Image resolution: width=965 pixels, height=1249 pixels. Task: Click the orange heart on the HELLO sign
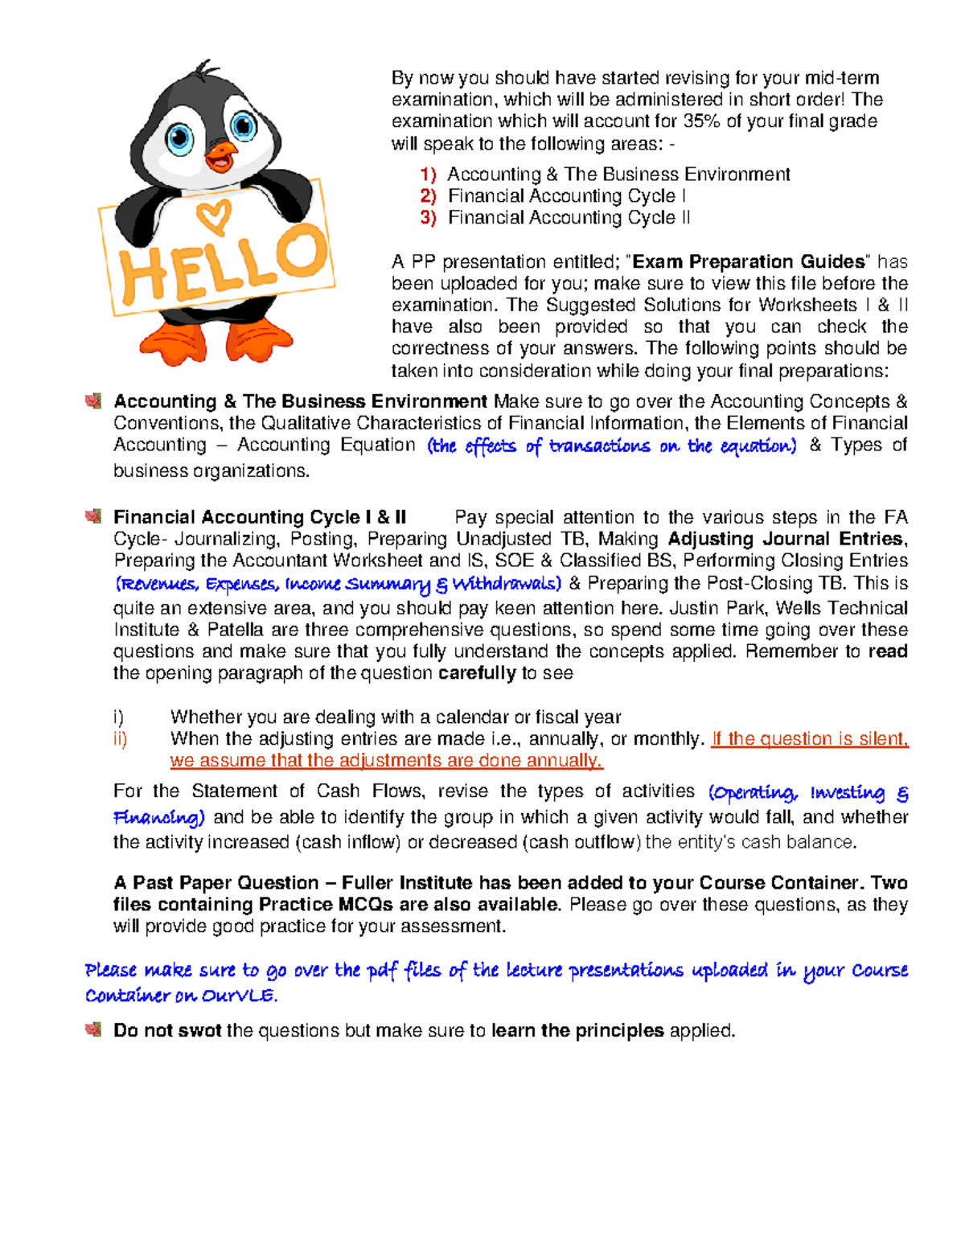coord(214,215)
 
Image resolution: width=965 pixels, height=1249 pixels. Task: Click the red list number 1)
coord(428,175)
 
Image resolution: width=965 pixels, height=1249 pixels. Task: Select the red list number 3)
coord(428,218)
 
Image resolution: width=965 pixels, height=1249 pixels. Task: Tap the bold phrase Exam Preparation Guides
coord(749,262)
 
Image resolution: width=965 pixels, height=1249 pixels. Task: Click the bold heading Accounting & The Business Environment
coord(300,401)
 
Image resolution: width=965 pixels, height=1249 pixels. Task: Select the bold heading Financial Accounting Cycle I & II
coord(260,517)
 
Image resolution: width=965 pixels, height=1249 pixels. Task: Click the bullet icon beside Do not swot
coord(92,1029)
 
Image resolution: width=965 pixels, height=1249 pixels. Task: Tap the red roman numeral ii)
coord(120,739)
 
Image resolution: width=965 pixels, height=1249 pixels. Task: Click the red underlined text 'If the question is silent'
coord(809,739)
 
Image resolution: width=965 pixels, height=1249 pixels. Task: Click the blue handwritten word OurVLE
coord(239,996)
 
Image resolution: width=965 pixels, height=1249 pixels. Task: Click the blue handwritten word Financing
coord(158,818)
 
